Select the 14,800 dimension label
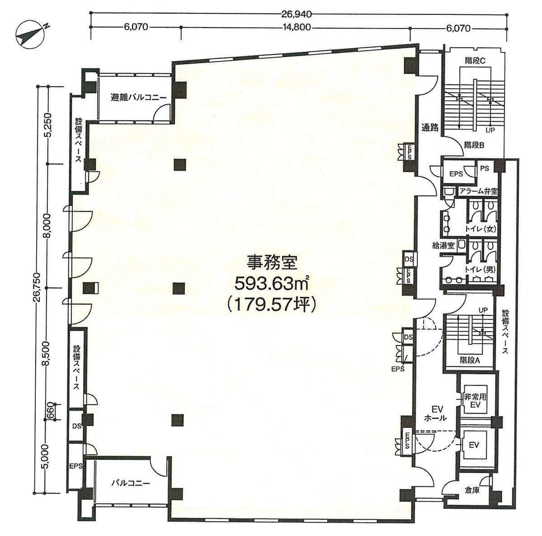[297, 28]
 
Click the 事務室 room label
[271, 262]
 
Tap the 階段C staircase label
[474, 61]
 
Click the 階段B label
[474, 145]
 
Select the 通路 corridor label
[430, 127]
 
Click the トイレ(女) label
[481, 229]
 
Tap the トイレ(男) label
[481, 270]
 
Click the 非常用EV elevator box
[475, 400]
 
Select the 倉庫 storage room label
[472, 490]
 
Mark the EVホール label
[436, 414]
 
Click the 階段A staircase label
[470, 360]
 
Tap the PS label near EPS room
[485, 168]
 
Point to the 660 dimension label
[51, 411]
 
